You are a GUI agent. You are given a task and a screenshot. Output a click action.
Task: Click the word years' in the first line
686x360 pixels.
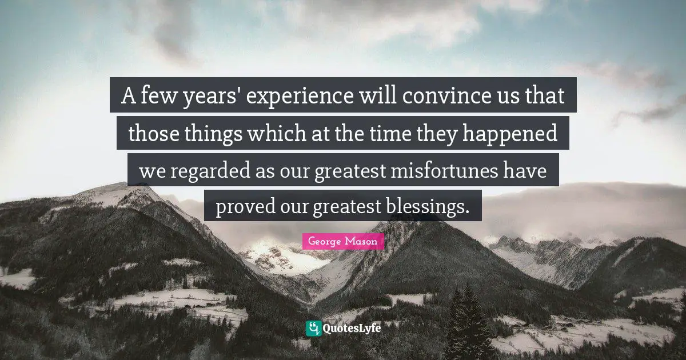pos(212,97)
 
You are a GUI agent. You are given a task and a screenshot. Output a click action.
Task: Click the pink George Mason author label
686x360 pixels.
pos(342,241)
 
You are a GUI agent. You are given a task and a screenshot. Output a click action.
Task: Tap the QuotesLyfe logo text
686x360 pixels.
pos(352,329)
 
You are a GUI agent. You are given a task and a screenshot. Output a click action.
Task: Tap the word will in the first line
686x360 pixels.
pos(377,97)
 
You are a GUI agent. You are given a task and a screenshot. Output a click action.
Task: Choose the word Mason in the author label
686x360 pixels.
pos(362,241)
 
